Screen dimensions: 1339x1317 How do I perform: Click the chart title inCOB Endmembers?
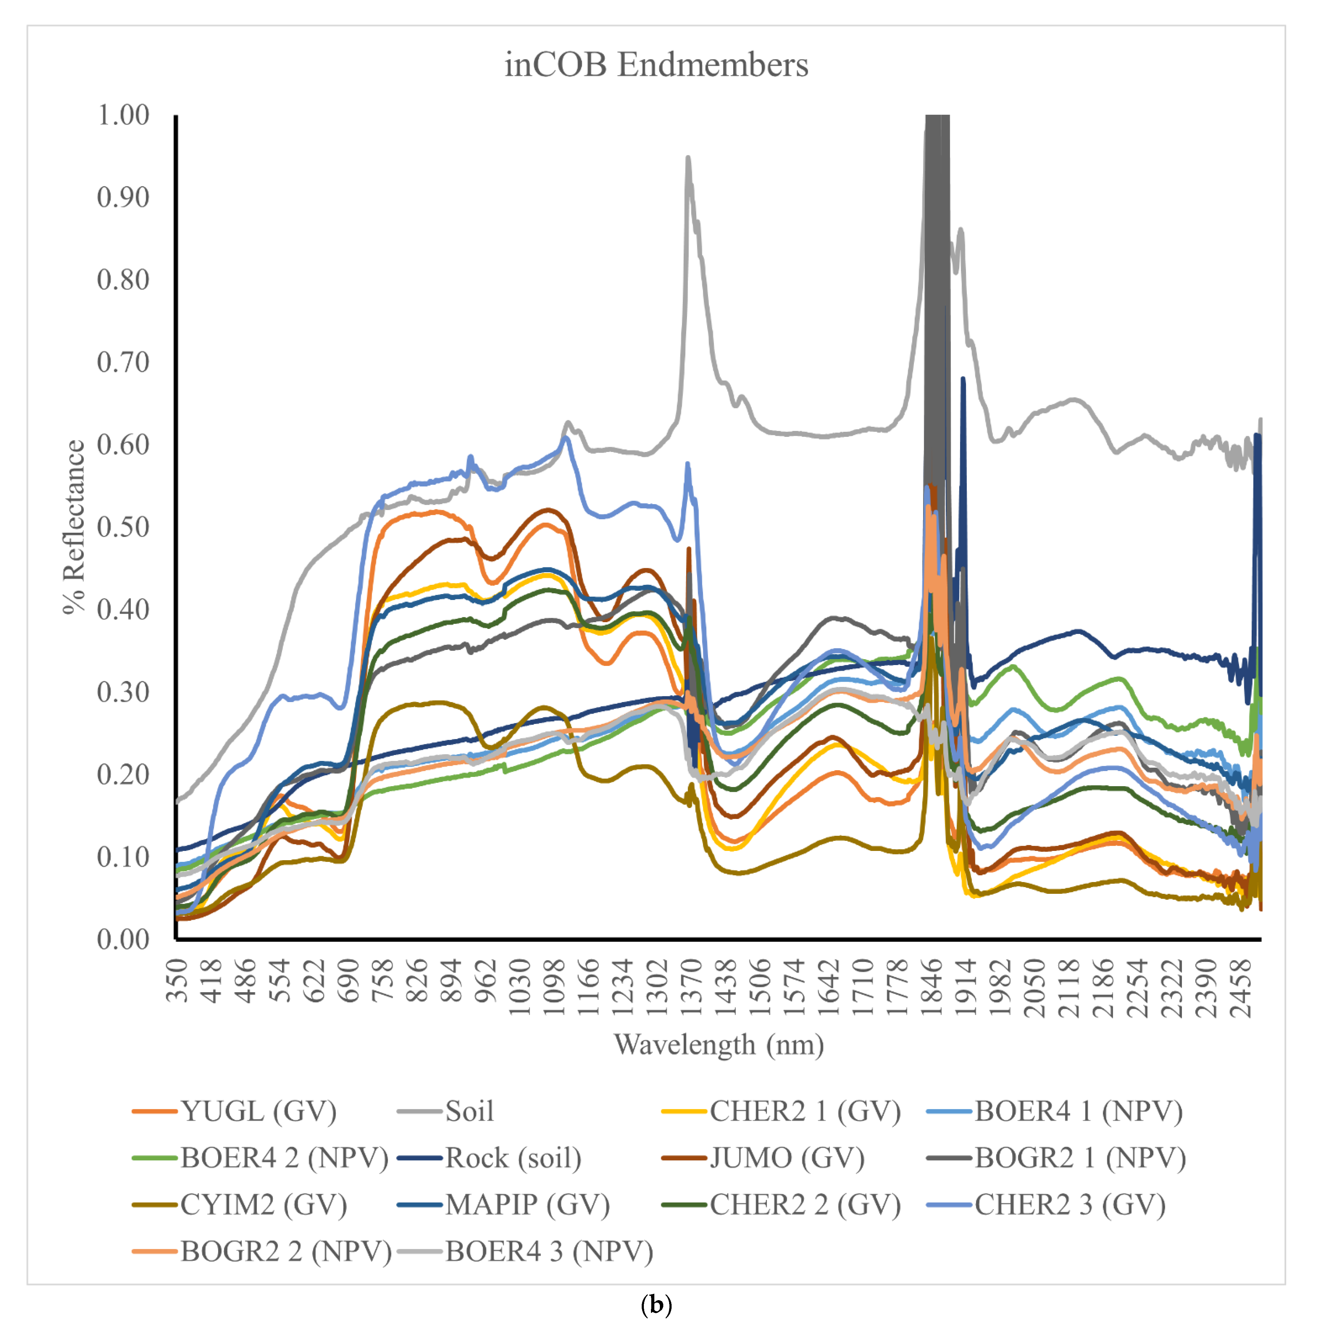(x=656, y=65)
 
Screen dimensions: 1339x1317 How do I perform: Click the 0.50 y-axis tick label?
(x=123, y=527)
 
